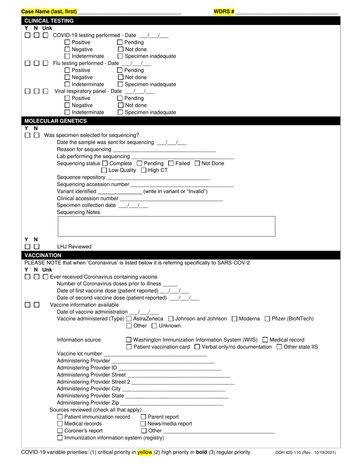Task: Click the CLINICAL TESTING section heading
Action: point(49,21)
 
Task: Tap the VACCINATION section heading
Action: point(43,255)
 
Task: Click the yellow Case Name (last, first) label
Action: point(49,12)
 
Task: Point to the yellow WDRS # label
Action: point(224,12)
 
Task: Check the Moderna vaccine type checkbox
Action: point(234,319)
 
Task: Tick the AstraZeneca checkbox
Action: point(129,319)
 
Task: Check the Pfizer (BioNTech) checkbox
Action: point(267,319)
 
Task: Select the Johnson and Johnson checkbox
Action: point(171,319)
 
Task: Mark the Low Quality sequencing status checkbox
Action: point(104,170)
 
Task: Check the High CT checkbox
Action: point(144,170)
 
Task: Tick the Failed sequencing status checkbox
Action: point(171,164)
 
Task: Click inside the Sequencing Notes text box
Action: point(166,226)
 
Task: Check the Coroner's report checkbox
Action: point(60,431)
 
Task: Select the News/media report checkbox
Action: point(143,424)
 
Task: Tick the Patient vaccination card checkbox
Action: point(129,347)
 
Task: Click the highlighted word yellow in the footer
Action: point(145,452)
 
